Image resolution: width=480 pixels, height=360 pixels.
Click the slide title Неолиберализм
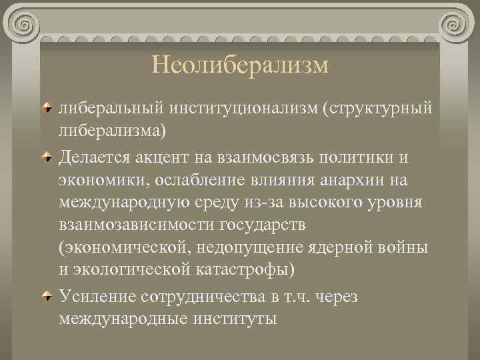tap(240, 65)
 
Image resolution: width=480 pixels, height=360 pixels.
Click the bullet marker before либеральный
tap(49, 107)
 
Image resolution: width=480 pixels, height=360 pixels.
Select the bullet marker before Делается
tap(49, 157)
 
